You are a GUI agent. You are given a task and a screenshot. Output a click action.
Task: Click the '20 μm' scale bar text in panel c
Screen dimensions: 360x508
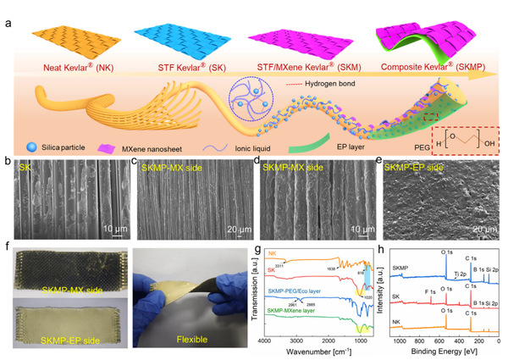[235, 228]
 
